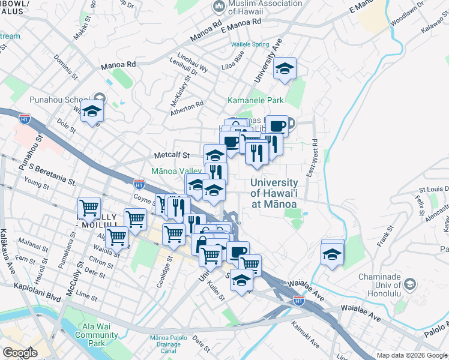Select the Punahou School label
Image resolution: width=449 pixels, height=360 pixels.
pyautogui.click(x=59, y=99)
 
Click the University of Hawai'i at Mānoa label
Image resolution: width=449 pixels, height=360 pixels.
pyautogui.click(x=274, y=193)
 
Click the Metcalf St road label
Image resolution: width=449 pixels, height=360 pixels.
pyautogui.click(x=172, y=155)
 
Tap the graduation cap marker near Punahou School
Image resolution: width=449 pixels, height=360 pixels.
pyautogui.click(x=92, y=111)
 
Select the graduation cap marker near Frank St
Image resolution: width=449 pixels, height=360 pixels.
pyautogui.click(x=333, y=253)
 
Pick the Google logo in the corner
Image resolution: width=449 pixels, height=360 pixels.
pyautogui.click(x=20, y=353)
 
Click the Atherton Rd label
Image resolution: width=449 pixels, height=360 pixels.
pyautogui.click(x=187, y=107)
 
